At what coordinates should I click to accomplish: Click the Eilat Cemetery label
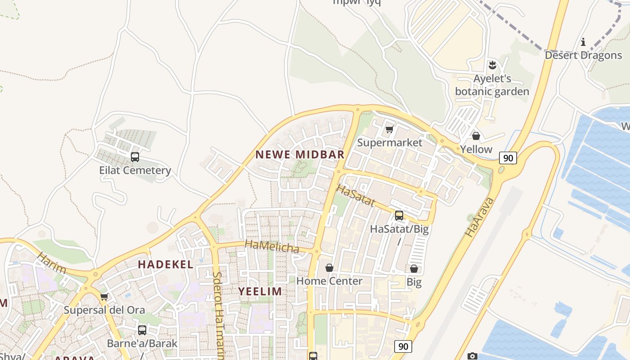(x=135, y=171)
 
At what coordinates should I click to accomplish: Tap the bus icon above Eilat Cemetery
(x=135, y=157)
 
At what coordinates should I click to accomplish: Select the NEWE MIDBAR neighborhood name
(x=300, y=154)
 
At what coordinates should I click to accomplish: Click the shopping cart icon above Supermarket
(x=390, y=130)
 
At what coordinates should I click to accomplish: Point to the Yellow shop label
(x=476, y=149)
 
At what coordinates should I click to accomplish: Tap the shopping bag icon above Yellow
(x=476, y=136)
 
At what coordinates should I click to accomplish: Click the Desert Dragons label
(x=583, y=55)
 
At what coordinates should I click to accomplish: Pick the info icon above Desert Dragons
(x=583, y=42)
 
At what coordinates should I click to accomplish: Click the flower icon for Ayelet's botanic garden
(x=492, y=65)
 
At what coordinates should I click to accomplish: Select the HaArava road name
(x=480, y=217)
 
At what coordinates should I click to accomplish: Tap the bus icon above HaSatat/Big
(x=399, y=216)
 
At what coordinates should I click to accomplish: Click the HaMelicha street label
(x=272, y=247)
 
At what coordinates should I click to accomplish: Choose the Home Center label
(x=329, y=281)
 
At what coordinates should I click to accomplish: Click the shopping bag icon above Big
(x=414, y=269)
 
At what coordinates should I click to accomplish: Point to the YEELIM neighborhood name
(x=260, y=291)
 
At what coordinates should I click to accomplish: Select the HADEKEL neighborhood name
(x=166, y=265)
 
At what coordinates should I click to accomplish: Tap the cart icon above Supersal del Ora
(x=104, y=297)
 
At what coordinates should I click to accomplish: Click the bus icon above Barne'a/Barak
(x=142, y=330)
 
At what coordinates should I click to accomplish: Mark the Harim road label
(x=52, y=263)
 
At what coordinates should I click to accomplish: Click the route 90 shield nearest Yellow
(x=508, y=158)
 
